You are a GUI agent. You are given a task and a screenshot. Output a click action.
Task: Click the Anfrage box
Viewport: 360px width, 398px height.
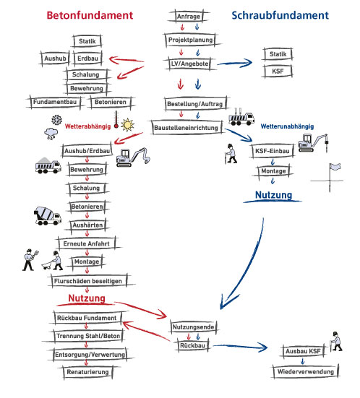click(189, 16)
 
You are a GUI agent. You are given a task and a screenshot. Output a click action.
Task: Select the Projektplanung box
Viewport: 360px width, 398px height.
click(191, 40)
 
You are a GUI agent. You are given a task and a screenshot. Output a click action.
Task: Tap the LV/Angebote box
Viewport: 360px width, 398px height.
click(189, 64)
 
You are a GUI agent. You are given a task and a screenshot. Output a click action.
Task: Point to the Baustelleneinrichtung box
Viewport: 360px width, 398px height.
click(187, 127)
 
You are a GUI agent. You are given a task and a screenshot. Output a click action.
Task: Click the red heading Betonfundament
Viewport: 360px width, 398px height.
click(90, 15)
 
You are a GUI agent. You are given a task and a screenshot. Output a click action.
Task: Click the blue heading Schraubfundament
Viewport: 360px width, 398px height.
click(280, 15)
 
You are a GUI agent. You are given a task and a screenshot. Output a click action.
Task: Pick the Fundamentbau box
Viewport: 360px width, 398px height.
click(55, 102)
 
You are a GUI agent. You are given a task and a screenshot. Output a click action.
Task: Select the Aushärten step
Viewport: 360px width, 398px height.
click(87, 225)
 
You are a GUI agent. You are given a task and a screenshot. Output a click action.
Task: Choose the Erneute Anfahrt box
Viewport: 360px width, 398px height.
click(86, 243)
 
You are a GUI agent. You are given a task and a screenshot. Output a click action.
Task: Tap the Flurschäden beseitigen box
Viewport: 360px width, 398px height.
click(88, 281)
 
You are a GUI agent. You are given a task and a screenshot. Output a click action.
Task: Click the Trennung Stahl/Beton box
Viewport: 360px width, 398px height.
click(88, 336)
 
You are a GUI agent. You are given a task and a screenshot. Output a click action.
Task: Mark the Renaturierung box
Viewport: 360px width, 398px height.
click(87, 372)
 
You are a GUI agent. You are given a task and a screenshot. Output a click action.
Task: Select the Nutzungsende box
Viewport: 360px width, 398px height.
click(193, 326)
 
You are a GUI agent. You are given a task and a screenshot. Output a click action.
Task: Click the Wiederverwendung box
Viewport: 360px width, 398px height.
click(306, 371)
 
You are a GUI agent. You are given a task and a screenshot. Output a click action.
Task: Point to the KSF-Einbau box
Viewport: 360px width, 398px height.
click(272, 151)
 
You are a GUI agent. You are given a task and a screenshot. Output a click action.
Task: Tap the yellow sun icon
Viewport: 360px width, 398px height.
click(127, 125)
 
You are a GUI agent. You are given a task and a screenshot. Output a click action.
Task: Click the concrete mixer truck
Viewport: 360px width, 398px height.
click(48, 216)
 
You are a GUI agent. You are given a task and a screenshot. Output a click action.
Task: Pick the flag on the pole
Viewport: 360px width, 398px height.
click(335, 168)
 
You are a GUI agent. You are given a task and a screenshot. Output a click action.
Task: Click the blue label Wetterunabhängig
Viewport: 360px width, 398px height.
click(287, 126)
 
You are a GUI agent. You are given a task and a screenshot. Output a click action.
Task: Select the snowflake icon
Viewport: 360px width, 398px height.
click(56, 120)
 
